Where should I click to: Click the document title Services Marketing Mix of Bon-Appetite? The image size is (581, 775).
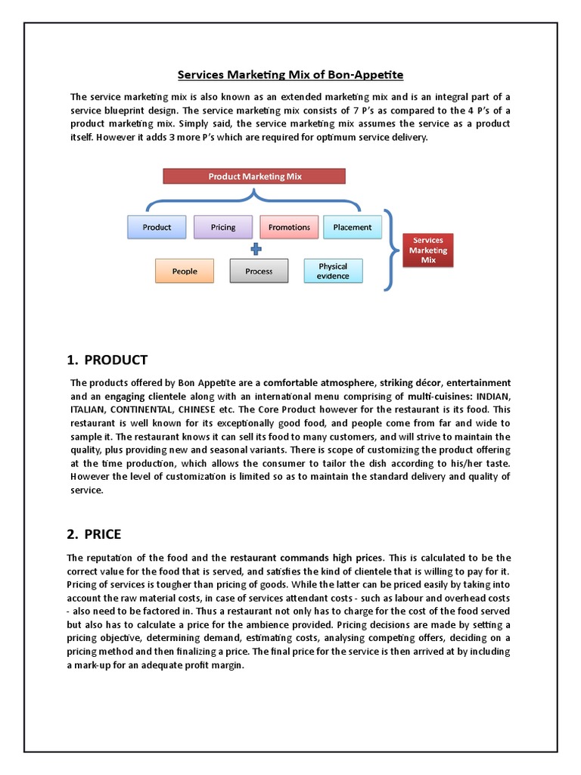[290, 75]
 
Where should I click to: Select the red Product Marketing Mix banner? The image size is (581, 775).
[254, 176]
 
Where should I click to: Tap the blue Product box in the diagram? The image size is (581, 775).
[157, 227]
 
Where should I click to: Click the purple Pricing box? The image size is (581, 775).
[223, 227]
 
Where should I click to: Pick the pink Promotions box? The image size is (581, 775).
[289, 227]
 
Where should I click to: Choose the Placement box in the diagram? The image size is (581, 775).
[352, 227]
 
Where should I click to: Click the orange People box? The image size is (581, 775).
[185, 271]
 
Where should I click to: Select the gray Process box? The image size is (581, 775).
[259, 271]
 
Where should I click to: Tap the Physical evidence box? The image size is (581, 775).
[333, 271]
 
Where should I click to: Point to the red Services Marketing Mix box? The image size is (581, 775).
[429, 250]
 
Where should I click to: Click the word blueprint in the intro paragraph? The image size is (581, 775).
[124, 110]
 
